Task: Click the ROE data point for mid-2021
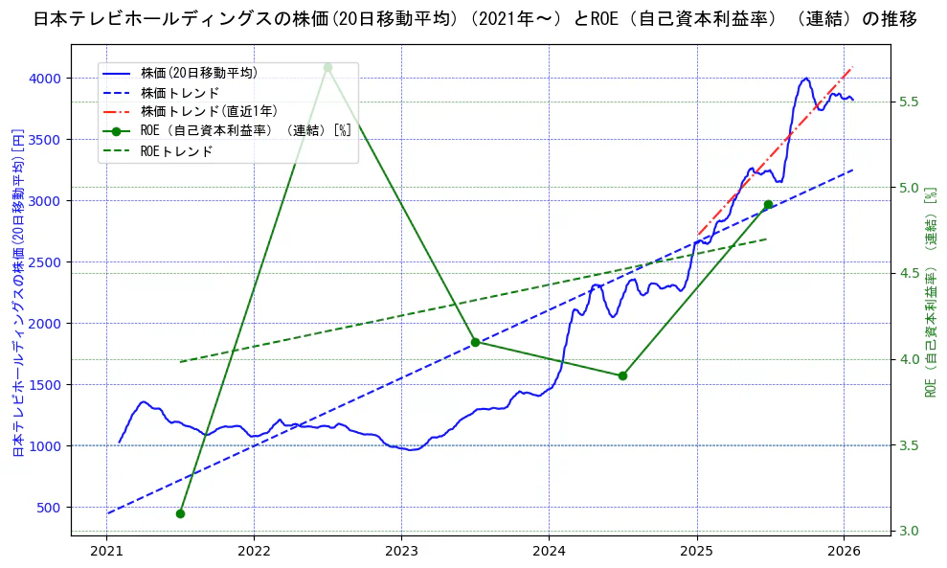pos(180,513)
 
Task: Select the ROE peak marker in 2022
pos(327,67)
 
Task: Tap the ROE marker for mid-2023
pos(475,342)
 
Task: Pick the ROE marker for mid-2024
pos(622,375)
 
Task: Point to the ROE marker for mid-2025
pos(768,204)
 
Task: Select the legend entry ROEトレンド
pos(176,151)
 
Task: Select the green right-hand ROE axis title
pos(930,292)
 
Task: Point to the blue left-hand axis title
pos(16,292)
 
